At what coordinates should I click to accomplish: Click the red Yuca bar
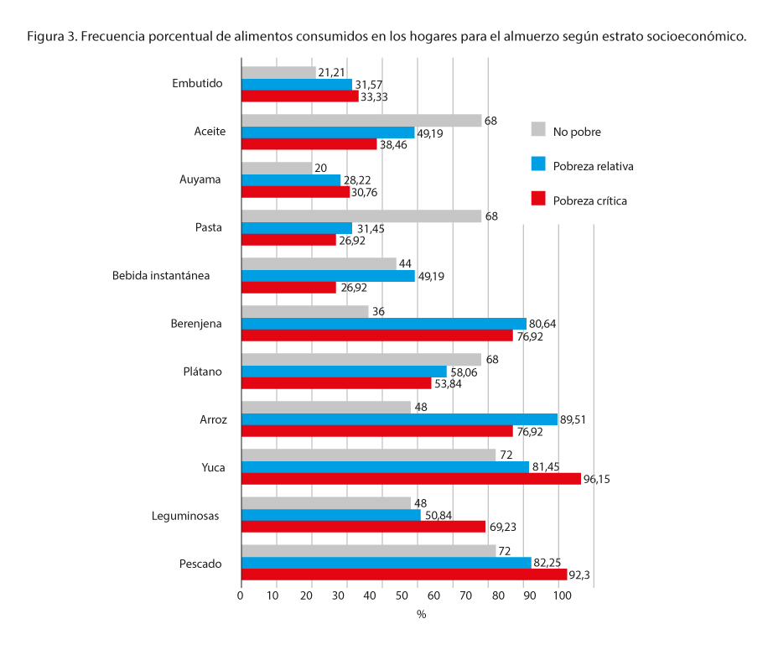(x=411, y=479)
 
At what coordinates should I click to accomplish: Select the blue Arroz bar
(x=399, y=419)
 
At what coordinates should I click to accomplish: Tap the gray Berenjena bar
(x=304, y=312)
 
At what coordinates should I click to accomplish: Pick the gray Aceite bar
(x=361, y=121)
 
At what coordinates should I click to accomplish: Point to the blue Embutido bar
(x=297, y=85)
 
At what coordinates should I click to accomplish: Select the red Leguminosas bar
(x=363, y=527)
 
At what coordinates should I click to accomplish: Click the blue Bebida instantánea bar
(x=328, y=276)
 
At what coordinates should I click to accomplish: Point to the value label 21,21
(x=332, y=73)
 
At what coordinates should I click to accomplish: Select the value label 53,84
(x=448, y=384)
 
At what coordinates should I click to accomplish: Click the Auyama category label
(x=200, y=179)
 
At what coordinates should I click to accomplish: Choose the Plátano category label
(x=202, y=371)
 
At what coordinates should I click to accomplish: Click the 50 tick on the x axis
(x=401, y=595)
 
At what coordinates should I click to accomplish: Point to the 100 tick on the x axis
(x=561, y=595)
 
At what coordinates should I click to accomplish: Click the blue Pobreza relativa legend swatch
(x=539, y=164)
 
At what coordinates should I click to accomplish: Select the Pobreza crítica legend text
(x=589, y=200)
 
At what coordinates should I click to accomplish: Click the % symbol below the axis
(x=421, y=615)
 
